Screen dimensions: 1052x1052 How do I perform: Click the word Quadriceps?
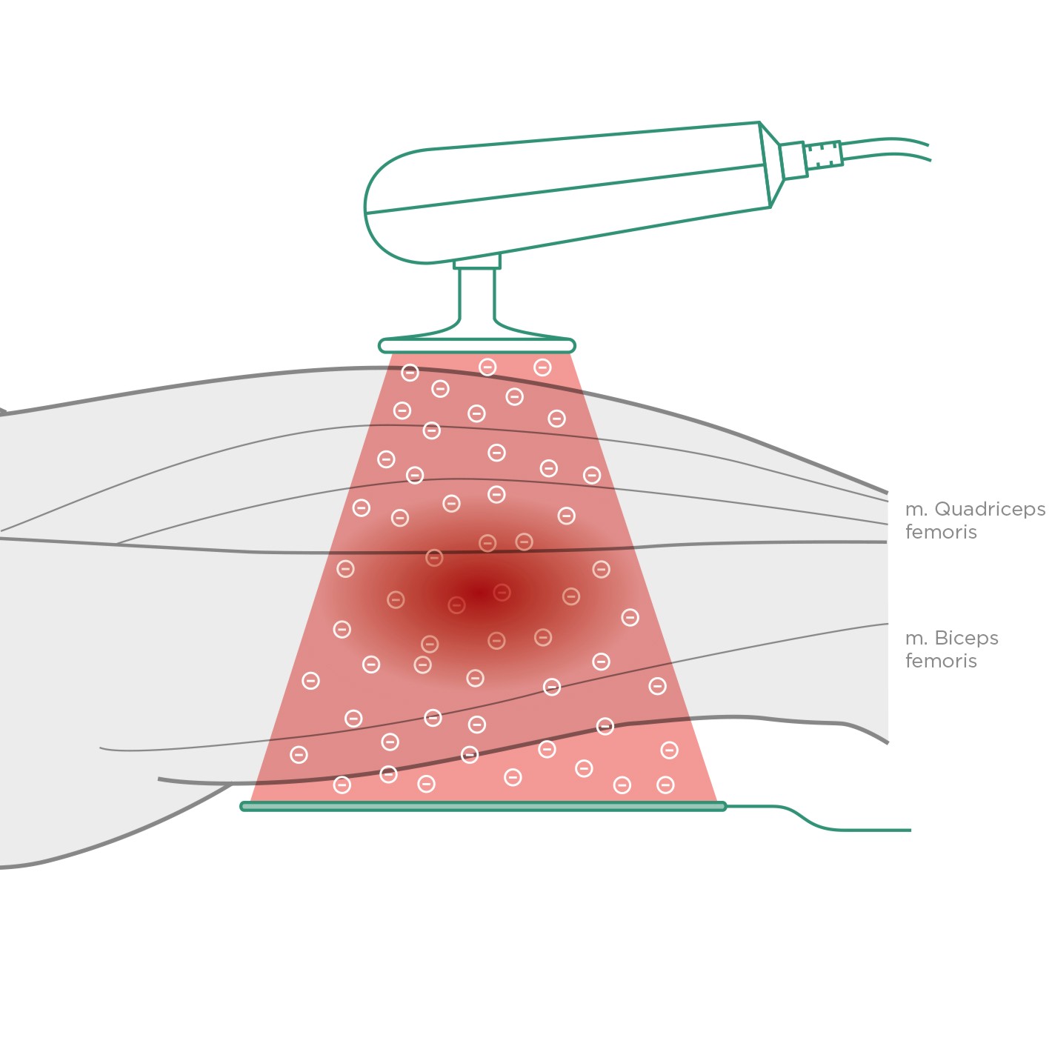pos(989,510)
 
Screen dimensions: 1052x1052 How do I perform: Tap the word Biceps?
pos(966,638)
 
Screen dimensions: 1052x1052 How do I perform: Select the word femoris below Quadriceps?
pos(941,532)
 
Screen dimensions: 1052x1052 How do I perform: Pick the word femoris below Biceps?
pos(941,661)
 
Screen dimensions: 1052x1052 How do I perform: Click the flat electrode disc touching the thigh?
pos(476,345)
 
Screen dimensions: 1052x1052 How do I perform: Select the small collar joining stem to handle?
pos(476,262)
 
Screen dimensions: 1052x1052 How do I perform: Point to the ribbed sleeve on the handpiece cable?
pos(823,155)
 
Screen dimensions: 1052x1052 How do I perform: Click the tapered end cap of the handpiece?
pos(770,164)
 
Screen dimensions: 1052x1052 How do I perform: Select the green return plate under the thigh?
pos(483,806)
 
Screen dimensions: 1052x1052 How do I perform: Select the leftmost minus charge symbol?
pos(299,755)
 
